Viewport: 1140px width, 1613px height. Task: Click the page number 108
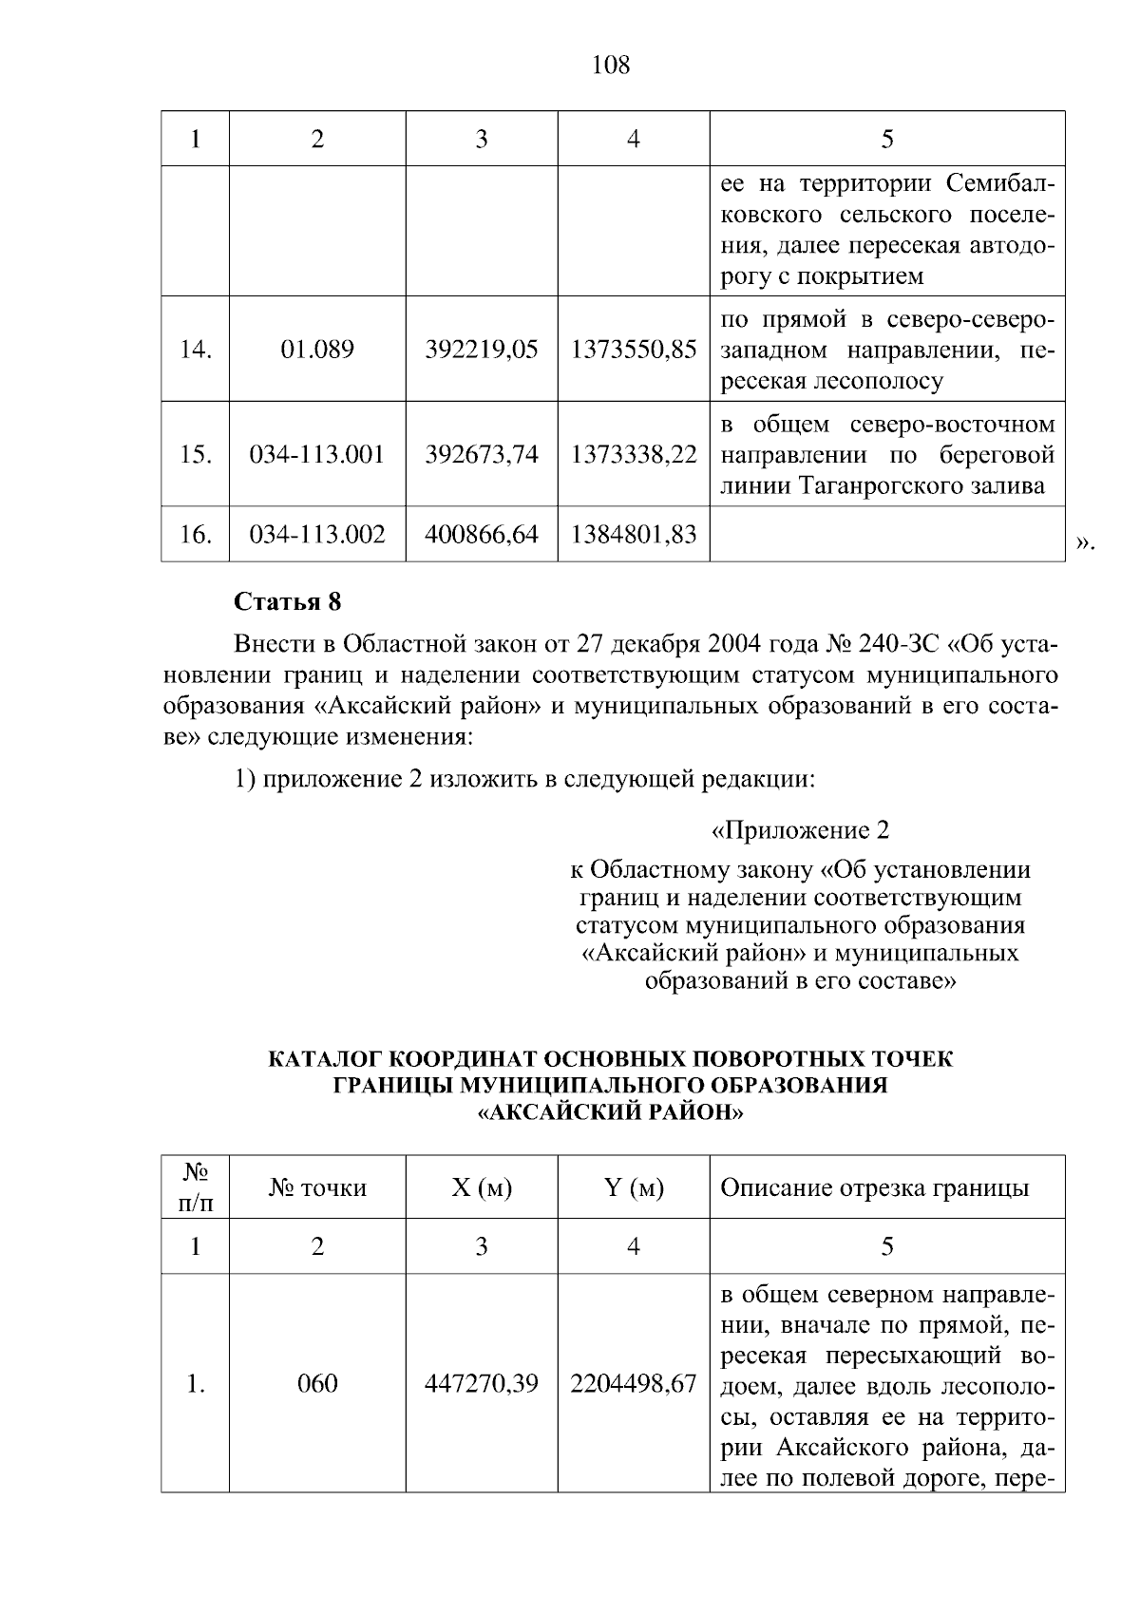610,65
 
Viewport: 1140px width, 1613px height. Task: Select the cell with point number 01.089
316,349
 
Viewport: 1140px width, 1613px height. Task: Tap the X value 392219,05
481,349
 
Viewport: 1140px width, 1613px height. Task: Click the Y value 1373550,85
633,349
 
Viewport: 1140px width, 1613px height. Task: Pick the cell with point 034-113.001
316,454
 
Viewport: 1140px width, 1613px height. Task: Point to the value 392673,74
481,454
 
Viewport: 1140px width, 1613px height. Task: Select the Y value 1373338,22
633,454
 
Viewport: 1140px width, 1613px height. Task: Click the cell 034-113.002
316,534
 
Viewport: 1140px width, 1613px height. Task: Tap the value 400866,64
481,534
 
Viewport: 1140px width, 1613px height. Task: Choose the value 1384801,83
633,534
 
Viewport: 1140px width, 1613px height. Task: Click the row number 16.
195,534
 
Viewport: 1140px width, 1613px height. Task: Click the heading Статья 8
287,602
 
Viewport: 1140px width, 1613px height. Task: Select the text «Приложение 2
800,831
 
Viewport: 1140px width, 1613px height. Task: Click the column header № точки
316,1187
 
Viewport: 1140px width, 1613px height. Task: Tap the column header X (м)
481,1187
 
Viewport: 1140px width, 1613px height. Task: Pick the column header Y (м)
633,1187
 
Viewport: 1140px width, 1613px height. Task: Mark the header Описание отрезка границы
874,1187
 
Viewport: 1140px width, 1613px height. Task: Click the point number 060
316,1383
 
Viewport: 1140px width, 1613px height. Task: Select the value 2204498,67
633,1383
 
